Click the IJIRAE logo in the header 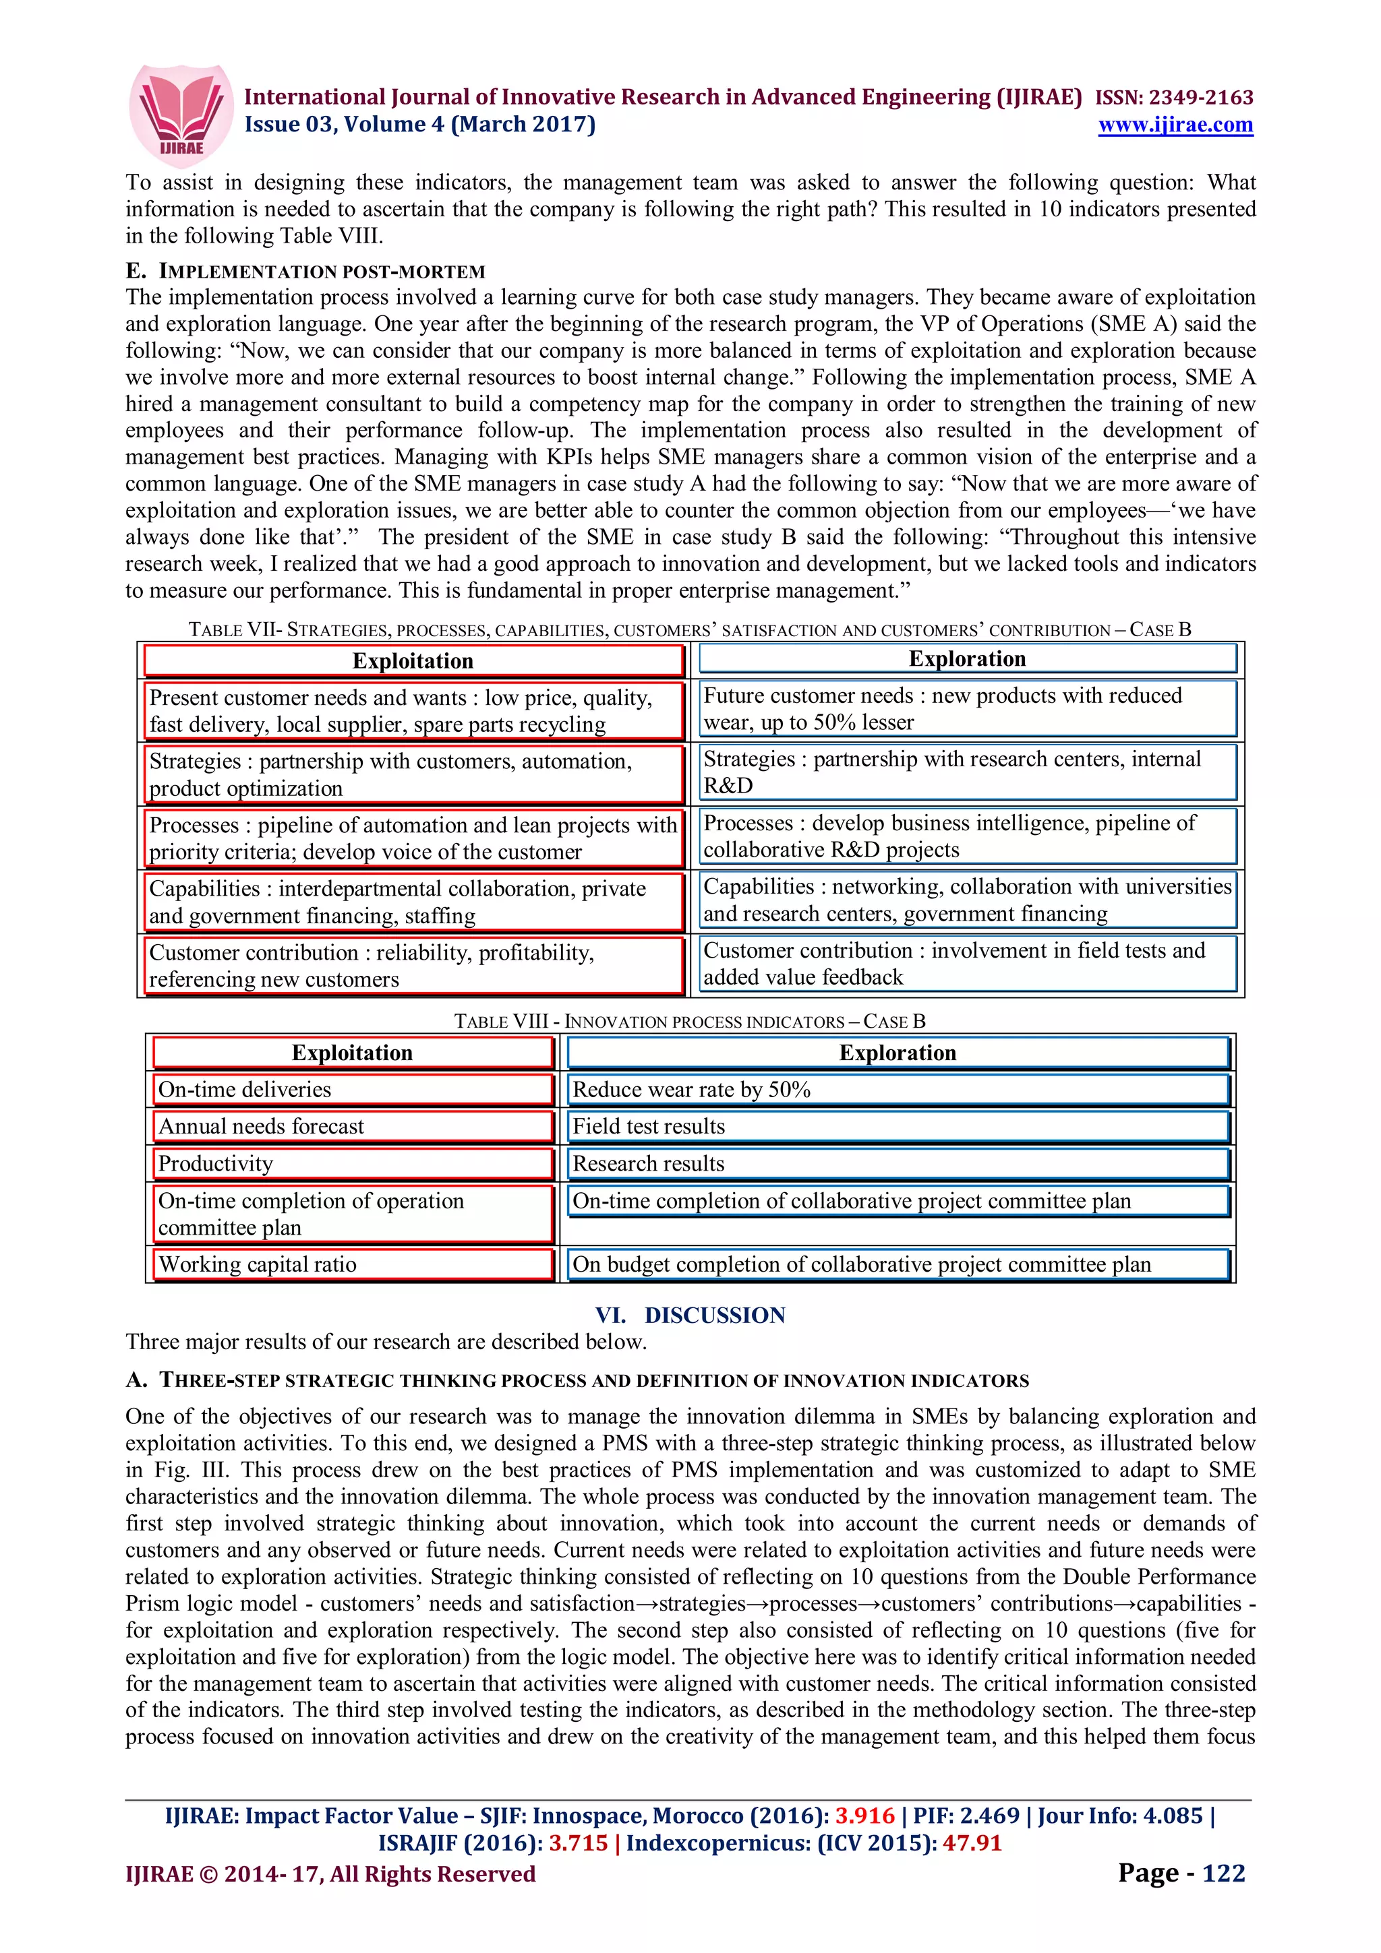coord(181,114)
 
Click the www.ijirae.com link coord(1175,125)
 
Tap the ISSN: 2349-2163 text coord(1173,97)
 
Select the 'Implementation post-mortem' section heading coord(305,272)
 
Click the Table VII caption coord(689,629)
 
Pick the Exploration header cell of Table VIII coord(898,1052)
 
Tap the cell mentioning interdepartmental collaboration coord(413,902)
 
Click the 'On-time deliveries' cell coord(352,1090)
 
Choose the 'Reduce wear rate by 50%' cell coord(898,1090)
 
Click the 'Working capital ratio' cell coord(352,1264)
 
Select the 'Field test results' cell coord(898,1126)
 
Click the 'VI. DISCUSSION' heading coord(689,1315)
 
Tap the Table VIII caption coord(689,1021)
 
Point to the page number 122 coord(1223,1872)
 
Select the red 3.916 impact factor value coord(864,1816)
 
